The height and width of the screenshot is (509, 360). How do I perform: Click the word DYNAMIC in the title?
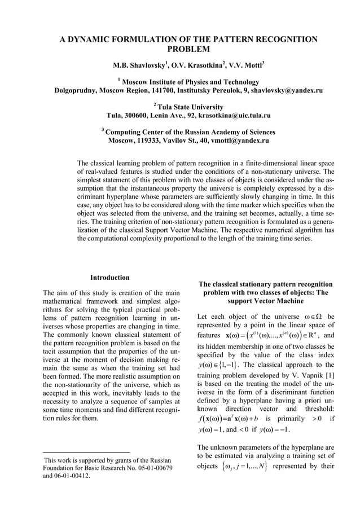93,40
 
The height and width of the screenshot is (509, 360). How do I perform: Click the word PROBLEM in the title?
188,51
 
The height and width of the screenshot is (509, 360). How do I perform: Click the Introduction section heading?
110,278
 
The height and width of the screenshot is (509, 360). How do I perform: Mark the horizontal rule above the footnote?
86,452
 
